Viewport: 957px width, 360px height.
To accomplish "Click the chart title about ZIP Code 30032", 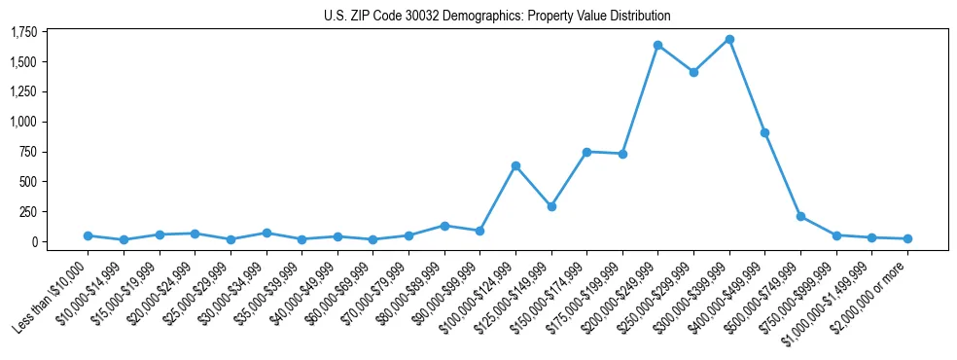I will [x=497, y=16].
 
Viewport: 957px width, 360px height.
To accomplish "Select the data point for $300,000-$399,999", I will [x=729, y=40].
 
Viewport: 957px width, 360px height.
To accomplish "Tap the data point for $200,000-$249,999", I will [x=658, y=45].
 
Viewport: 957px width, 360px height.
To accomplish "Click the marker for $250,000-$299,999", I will [x=693, y=72].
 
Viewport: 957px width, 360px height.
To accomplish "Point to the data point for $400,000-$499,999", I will [x=765, y=132].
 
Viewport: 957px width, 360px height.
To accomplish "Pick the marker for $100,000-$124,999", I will [x=515, y=165].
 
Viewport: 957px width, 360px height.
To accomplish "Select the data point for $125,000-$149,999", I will [x=551, y=206].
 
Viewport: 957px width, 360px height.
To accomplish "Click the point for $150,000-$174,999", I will [x=586, y=152].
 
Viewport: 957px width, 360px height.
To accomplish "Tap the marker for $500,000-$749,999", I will [x=800, y=216].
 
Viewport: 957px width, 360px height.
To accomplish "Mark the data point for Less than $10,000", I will [x=88, y=235].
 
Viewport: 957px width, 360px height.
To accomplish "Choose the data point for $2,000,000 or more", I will [x=907, y=238].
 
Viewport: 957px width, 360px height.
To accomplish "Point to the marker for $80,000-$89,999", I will [x=444, y=226].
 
